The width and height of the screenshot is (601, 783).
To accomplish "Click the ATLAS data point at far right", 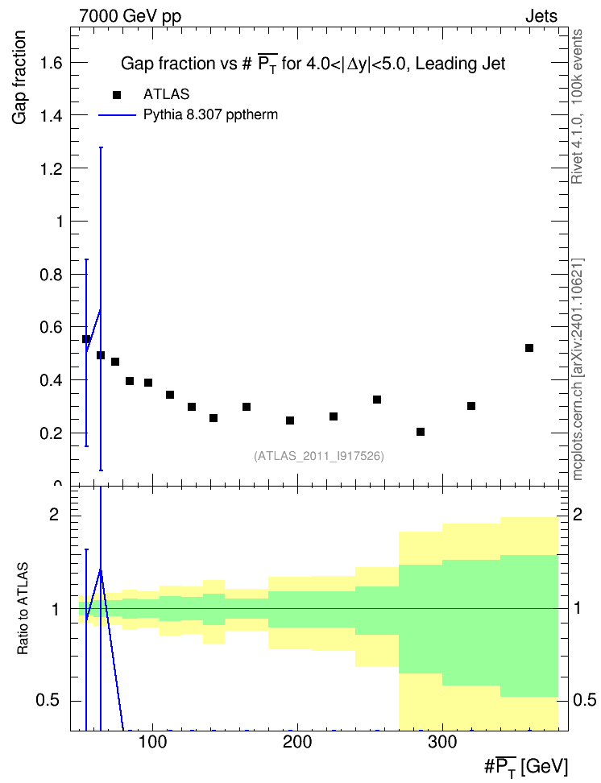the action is (x=529, y=348).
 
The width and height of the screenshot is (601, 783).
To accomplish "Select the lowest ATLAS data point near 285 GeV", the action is (x=421, y=432).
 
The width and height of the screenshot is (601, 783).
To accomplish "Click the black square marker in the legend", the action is (x=116, y=95).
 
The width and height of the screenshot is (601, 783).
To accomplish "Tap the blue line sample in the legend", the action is (x=117, y=115).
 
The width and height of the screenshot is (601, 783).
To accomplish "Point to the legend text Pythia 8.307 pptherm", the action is (x=210, y=115).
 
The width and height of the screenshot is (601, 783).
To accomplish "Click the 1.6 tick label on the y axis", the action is (x=51, y=63).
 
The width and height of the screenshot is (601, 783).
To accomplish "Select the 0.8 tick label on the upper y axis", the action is (x=51, y=275).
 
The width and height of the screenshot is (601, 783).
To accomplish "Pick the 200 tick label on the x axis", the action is (x=298, y=742).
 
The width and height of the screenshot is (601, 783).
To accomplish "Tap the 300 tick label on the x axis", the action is (x=442, y=742).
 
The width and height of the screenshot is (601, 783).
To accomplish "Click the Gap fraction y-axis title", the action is (x=19, y=77).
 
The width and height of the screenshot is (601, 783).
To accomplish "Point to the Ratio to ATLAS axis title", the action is (x=23, y=608).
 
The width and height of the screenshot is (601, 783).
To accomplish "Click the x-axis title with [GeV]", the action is (x=526, y=766).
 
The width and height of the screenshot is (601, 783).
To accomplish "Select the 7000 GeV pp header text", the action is (x=130, y=16).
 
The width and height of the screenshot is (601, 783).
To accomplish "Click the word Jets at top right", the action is (x=541, y=16).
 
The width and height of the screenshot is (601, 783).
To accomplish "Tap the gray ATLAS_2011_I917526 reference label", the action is (x=319, y=456).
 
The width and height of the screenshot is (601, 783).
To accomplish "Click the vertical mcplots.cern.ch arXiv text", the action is (x=578, y=370).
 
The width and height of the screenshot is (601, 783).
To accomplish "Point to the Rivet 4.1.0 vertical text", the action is (x=577, y=106).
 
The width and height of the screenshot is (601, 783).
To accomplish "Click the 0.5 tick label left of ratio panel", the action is (x=48, y=701).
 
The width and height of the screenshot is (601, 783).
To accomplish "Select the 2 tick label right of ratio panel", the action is (x=578, y=514).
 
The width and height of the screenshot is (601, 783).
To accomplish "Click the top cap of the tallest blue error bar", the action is (x=101, y=147).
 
